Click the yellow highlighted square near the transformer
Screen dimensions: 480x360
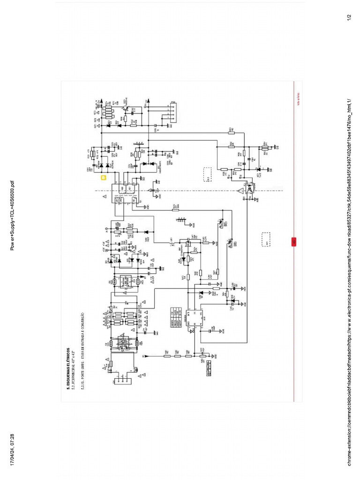[104, 178]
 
